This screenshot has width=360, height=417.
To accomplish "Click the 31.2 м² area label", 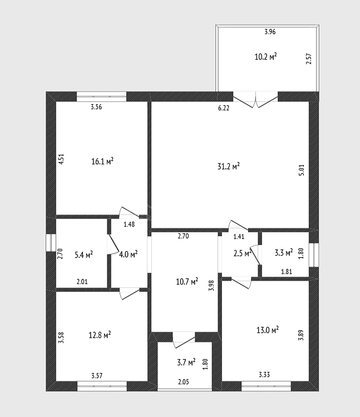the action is click(x=228, y=166).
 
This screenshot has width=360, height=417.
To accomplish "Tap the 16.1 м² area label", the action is click(x=102, y=161).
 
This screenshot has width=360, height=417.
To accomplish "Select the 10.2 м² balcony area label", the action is click(x=265, y=57).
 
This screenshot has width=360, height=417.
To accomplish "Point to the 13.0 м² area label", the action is click(x=268, y=330).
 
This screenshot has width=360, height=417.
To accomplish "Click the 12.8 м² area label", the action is click(x=100, y=335).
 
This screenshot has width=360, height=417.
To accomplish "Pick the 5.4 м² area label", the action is click(x=84, y=254).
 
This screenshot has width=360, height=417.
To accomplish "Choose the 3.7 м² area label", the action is click(x=186, y=362).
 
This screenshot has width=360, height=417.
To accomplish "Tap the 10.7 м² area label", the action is click(x=187, y=281).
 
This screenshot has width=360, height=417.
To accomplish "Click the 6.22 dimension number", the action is click(x=224, y=108).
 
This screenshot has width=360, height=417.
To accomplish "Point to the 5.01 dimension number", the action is click(x=301, y=170).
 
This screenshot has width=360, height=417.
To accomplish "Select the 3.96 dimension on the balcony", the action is click(x=270, y=32).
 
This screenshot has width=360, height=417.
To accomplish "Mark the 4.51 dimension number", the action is click(x=61, y=159).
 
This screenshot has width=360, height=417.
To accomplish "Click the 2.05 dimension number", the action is click(x=184, y=382).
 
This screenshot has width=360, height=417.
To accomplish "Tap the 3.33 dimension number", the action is click(x=264, y=375).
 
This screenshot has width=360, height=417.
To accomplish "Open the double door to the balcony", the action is click(x=255, y=100).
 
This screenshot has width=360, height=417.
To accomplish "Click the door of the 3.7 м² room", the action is click(x=184, y=340).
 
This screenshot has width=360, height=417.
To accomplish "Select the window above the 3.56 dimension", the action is click(x=102, y=96).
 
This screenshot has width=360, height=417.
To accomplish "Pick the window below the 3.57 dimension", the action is click(x=102, y=386).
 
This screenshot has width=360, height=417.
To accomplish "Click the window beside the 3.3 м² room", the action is click(x=314, y=255).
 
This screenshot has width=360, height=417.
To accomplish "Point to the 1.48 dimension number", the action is click(x=129, y=224).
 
